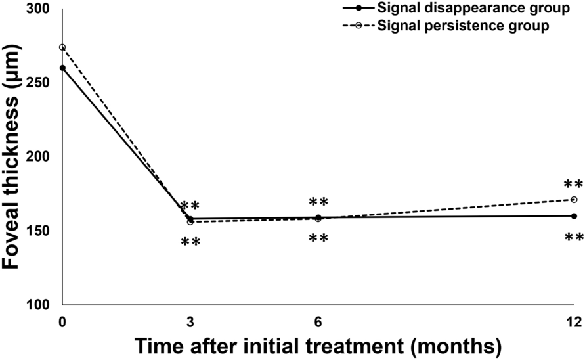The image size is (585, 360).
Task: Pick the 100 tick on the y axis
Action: point(44,305)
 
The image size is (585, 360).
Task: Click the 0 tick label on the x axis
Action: point(62,321)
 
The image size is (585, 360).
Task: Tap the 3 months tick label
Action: point(190,321)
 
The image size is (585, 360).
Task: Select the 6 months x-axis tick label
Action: point(318,321)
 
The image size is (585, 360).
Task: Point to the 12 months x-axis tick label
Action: point(574,321)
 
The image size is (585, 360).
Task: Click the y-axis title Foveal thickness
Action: point(14,158)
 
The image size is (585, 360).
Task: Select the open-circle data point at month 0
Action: point(62,47)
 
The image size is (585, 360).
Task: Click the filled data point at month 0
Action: point(62,68)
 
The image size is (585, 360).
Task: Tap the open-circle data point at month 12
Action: point(574,200)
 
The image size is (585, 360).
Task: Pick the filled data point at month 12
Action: point(574,216)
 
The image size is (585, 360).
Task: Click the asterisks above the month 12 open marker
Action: point(574,185)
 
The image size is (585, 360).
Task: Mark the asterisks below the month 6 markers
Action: point(318,238)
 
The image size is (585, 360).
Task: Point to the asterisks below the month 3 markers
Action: point(190,242)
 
